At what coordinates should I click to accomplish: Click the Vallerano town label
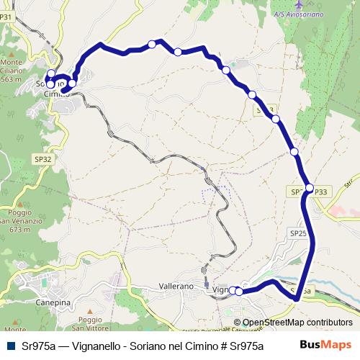pos(176,287)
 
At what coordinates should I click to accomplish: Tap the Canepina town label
pos(53,303)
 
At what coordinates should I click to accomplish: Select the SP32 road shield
pos(42,158)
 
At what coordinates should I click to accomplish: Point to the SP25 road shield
pos(298,234)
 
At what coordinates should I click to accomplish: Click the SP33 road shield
pos(321,192)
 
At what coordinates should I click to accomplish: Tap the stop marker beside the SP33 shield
pos(310,188)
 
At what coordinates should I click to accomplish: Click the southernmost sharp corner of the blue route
pos(296,297)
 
